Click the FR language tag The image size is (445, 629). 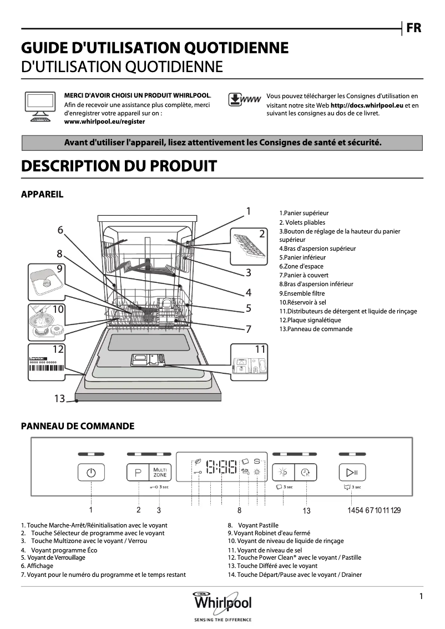tap(413, 28)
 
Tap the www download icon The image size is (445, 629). tap(244, 100)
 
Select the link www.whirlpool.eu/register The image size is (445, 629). tap(104, 121)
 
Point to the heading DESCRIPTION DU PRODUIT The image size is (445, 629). tap(118, 165)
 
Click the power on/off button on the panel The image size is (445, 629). tap(92, 473)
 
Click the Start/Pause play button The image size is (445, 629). tap(352, 473)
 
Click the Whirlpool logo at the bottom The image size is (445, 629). tap(222, 603)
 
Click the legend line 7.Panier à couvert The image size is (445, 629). tap(304, 275)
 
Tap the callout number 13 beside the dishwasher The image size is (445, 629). tap(60, 398)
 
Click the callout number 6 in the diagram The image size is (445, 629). tap(60, 230)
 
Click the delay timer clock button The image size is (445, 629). tap(305, 473)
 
